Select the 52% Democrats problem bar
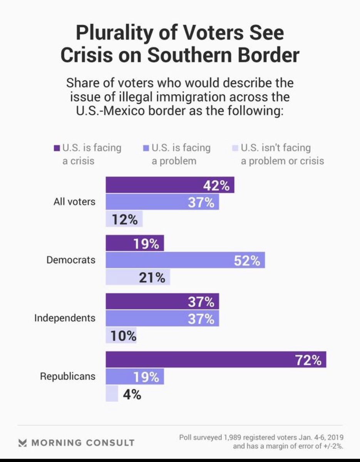click(x=185, y=261)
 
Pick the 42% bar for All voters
click(x=169, y=185)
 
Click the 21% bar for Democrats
click(x=137, y=278)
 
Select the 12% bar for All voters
click(x=124, y=219)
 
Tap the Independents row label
click(x=65, y=318)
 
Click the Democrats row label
click(x=71, y=260)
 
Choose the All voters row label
click(x=74, y=201)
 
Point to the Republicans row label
click(x=68, y=376)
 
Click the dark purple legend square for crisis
click(x=57, y=148)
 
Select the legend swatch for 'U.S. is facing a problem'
click(x=146, y=148)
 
